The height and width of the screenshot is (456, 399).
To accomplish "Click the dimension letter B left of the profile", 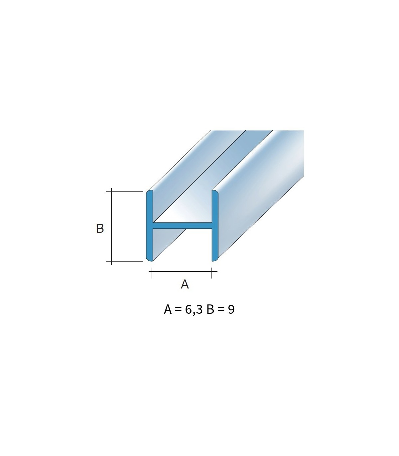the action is click(x=100, y=228).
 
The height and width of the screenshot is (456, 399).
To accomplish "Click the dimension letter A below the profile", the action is click(x=185, y=284).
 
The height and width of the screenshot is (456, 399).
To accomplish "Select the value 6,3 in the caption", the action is click(x=194, y=309).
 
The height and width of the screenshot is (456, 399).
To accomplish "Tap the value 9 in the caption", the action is click(x=231, y=309).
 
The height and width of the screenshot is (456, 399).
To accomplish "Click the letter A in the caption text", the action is click(x=168, y=309).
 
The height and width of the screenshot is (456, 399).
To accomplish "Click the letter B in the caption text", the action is click(x=210, y=309).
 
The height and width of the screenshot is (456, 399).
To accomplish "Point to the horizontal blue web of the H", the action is click(x=182, y=225).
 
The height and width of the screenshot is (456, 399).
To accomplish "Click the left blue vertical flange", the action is click(x=149, y=225).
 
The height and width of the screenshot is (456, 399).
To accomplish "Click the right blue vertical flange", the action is click(x=215, y=225).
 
